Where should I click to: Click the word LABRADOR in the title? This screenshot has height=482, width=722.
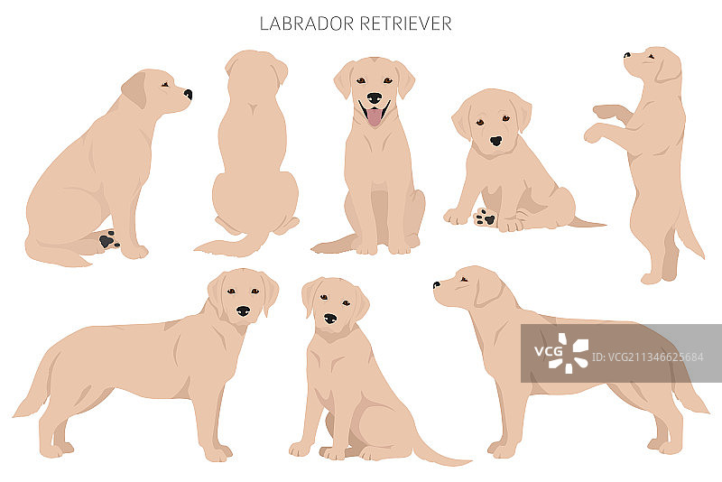pos(306,23)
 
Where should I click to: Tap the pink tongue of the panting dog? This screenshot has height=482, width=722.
pos(375,117)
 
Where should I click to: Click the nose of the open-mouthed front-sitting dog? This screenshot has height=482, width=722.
pos(375,98)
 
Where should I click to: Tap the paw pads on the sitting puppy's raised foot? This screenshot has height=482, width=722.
pos(485,218)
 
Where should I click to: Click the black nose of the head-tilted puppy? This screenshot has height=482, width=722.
pos(495,141)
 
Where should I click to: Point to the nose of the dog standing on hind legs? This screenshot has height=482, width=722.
pos(626,55)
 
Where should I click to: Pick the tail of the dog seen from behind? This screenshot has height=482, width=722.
pos(230,246)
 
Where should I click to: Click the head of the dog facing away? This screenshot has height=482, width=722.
pos(256,70)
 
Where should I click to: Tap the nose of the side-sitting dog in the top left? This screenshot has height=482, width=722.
pos(188,95)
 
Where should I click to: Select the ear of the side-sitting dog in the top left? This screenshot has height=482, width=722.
pos(134,89)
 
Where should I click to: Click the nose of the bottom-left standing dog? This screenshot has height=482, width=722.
pos(243,311)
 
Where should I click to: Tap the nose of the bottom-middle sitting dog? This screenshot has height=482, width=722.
pos(330,319)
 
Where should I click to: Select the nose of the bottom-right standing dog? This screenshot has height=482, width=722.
pos(436,285)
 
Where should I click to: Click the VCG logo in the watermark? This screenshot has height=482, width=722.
pos(561,353)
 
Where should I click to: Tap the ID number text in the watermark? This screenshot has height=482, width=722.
pos(647,357)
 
